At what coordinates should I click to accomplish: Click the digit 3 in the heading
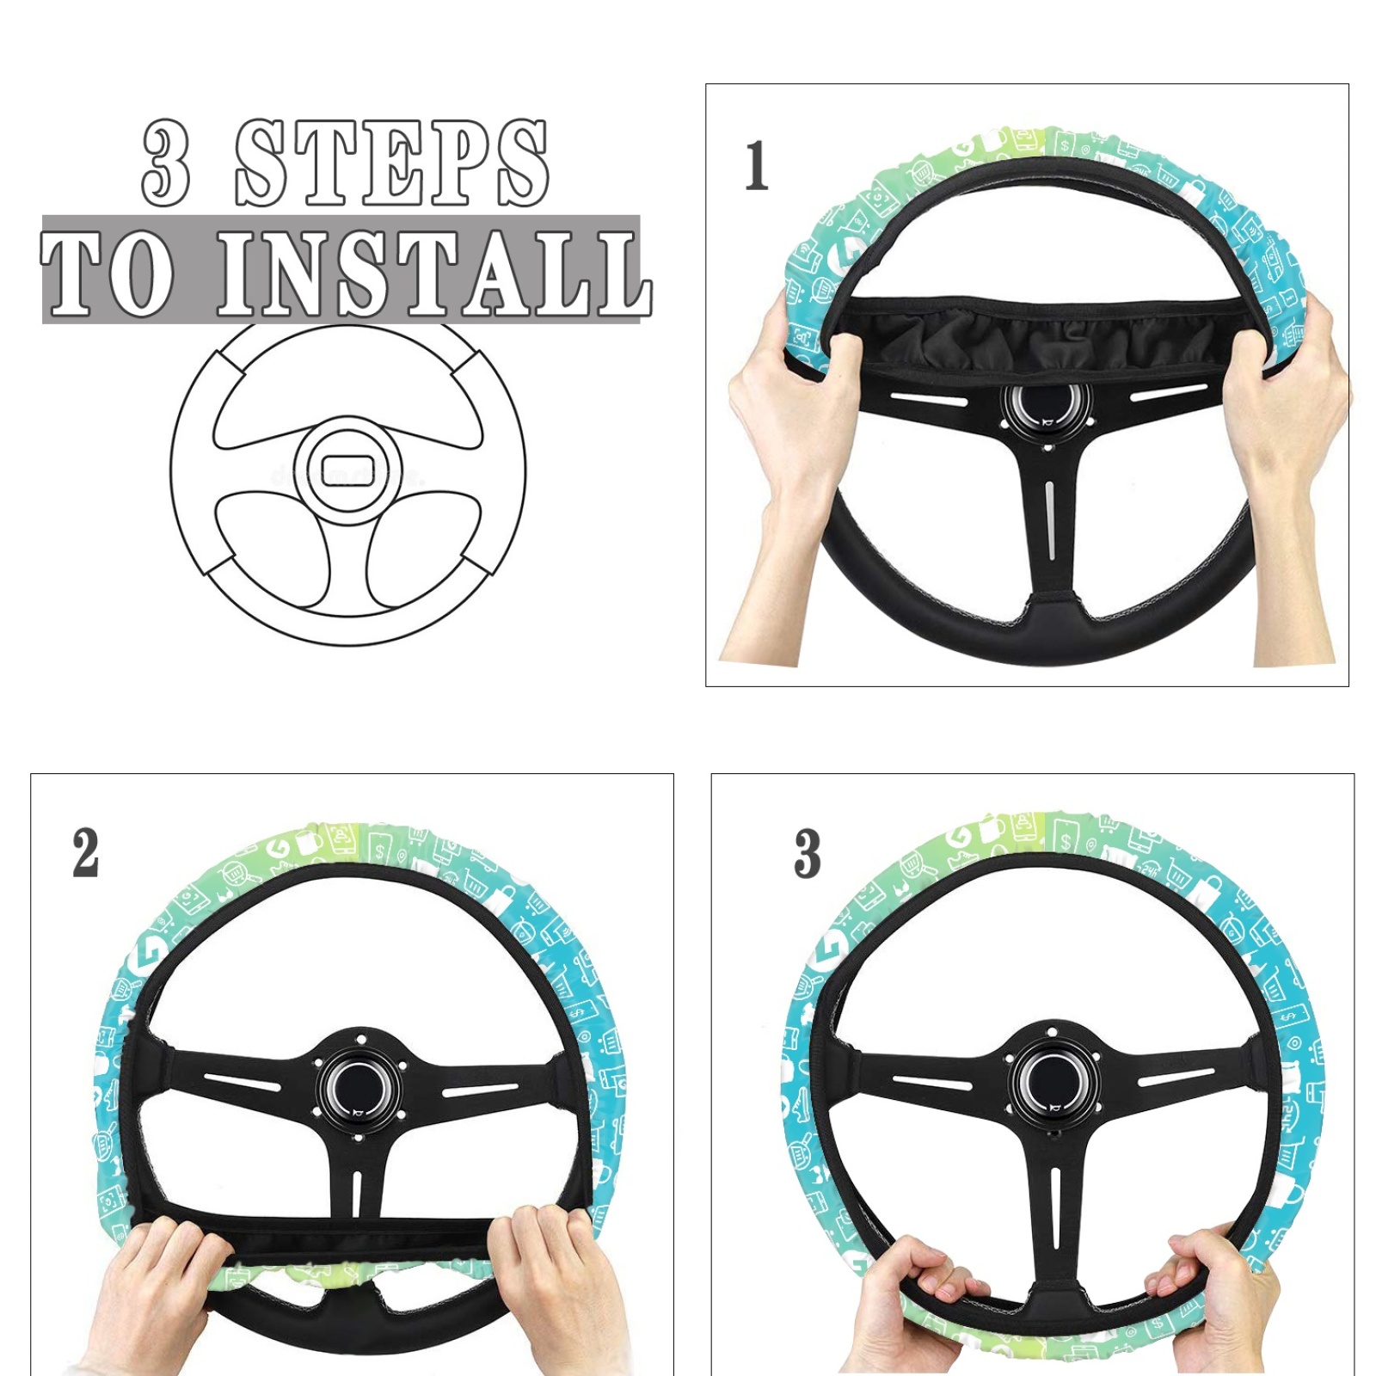click(x=166, y=163)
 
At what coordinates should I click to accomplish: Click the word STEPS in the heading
click(x=392, y=163)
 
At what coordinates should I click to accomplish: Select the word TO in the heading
click(x=107, y=273)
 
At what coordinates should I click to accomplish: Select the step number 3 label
click(x=807, y=853)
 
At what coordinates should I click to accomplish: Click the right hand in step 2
click(x=550, y=1290)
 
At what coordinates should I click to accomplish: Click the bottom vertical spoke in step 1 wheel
click(x=1049, y=525)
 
